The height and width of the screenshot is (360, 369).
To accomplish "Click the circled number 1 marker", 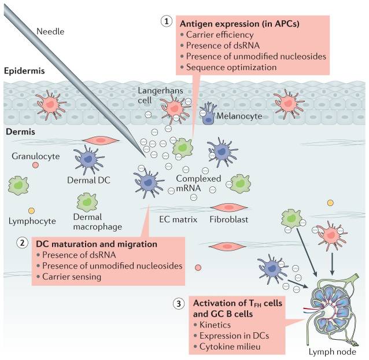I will coord(167,21).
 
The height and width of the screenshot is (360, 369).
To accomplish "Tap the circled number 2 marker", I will coord(21,244).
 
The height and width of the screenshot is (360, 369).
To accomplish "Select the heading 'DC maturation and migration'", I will coord(96,244).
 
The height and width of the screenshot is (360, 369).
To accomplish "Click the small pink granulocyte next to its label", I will coord(36,165).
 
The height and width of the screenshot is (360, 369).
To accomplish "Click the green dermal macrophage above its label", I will coord(87,202).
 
